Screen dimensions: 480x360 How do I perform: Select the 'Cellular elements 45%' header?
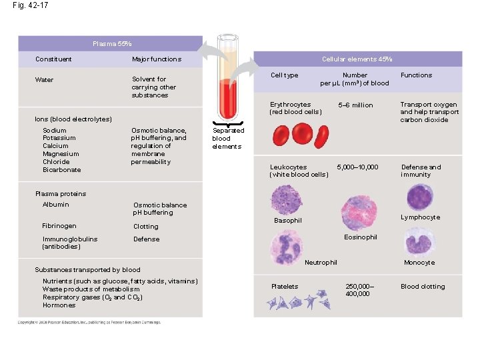[x=357, y=59]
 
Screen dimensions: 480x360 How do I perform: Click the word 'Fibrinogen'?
[x=59, y=226]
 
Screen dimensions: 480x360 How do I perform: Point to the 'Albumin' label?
[x=55, y=205]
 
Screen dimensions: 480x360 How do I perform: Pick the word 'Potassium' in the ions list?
[x=59, y=138]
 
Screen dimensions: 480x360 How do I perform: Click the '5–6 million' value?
[x=355, y=105]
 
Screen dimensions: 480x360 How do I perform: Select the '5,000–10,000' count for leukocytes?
[x=357, y=167]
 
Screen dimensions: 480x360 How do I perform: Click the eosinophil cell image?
[x=359, y=213]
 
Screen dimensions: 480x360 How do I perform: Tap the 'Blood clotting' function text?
[x=423, y=287]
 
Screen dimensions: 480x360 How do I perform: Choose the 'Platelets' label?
[x=285, y=287]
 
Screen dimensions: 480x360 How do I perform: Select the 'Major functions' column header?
[x=157, y=59]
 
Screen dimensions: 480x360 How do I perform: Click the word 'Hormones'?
[x=59, y=305]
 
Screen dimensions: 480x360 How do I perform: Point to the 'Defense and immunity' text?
[x=421, y=171]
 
